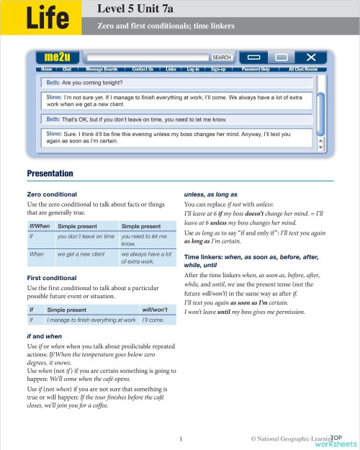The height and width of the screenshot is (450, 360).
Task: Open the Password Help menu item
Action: point(256,69)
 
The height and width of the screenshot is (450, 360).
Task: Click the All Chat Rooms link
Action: point(302,69)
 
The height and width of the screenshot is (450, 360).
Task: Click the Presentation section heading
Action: point(50,174)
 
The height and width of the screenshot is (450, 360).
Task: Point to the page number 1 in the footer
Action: point(181,437)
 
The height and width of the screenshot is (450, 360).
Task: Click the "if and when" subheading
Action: point(47,336)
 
